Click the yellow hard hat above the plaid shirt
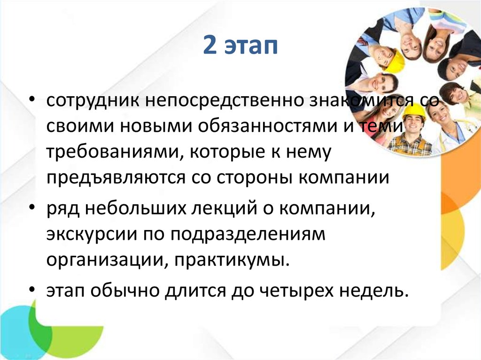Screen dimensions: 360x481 [414, 110]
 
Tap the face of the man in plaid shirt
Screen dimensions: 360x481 [413, 124]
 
